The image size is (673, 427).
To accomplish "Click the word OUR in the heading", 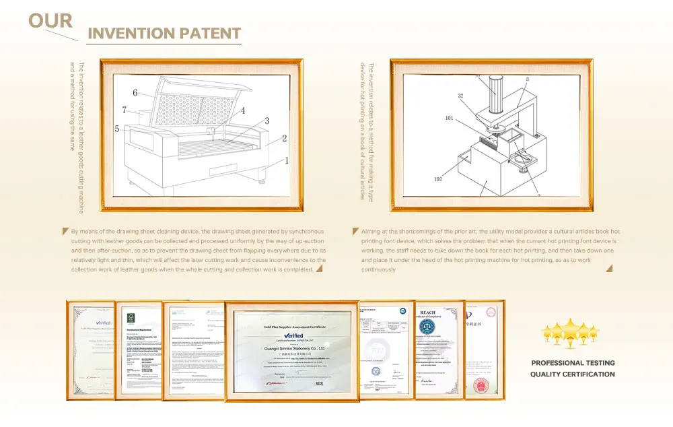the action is tap(50, 20).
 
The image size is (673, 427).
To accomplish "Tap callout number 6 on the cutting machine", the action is tap(135, 93).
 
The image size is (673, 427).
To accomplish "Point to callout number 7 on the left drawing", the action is tap(124, 110).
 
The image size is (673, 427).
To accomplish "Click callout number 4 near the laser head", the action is tap(242, 110).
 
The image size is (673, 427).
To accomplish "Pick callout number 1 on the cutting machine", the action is tap(286, 160).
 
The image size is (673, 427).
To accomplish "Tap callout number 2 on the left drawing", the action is tap(285, 139).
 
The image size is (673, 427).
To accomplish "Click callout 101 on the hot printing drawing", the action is tap(450, 119).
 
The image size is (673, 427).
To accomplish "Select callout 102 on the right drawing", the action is tap(438, 179).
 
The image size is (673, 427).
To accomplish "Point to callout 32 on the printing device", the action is tap(461, 96).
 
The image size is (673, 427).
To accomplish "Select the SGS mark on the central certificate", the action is tap(319, 383).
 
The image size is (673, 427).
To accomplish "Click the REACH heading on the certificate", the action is tap(428, 313).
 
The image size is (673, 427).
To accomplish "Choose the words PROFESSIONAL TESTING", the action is tap(573, 363).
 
